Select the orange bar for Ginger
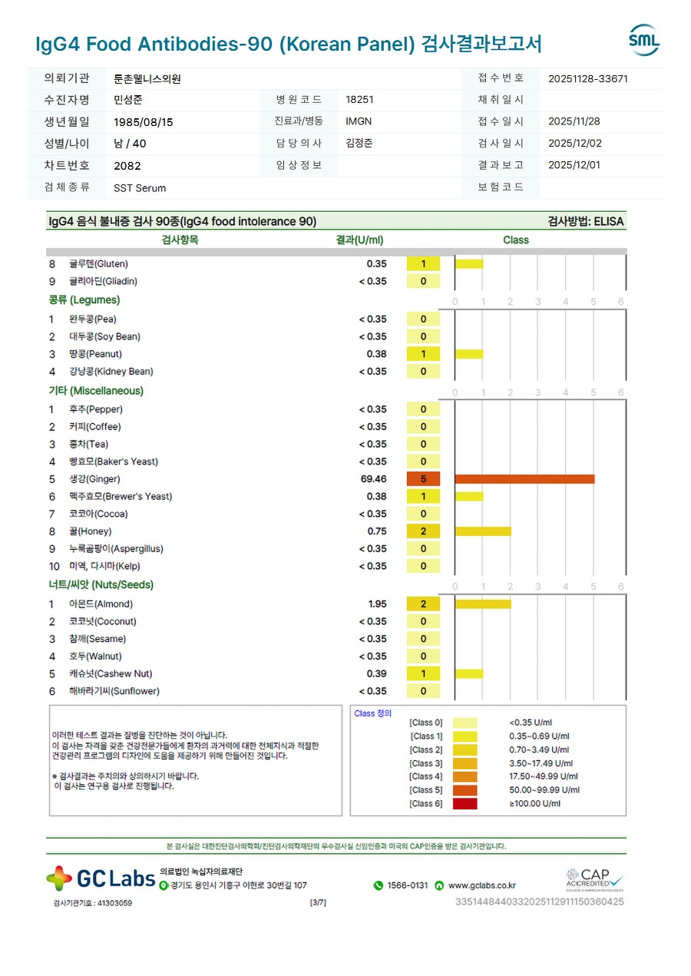(x=524, y=479)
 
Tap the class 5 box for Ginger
(x=423, y=479)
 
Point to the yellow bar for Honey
(x=483, y=531)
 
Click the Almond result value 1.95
(x=377, y=604)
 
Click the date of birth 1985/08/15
(x=144, y=122)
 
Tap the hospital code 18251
(x=359, y=100)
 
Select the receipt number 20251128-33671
(x=589, y=78)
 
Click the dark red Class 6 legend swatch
(x=465, y=804)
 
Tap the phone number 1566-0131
(x=407, y=885)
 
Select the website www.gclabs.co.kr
(x=481, y=885)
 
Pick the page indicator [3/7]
(x=318, y=903)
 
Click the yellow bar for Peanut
(x=469, y=354)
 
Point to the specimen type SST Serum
(x=140, y=188)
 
